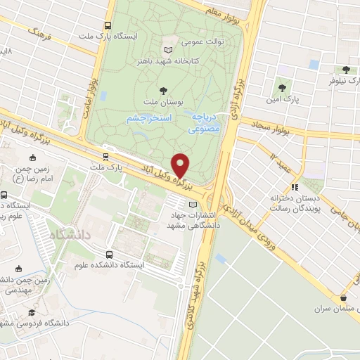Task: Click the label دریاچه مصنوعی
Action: click(205, 124)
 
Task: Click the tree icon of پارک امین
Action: click(282, 88)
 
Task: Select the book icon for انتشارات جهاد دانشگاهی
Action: click(184, 205)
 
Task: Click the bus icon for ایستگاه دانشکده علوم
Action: click(109, 255)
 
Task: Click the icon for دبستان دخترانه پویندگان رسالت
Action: click(295, 187)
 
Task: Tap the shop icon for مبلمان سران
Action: click(343, 297)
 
